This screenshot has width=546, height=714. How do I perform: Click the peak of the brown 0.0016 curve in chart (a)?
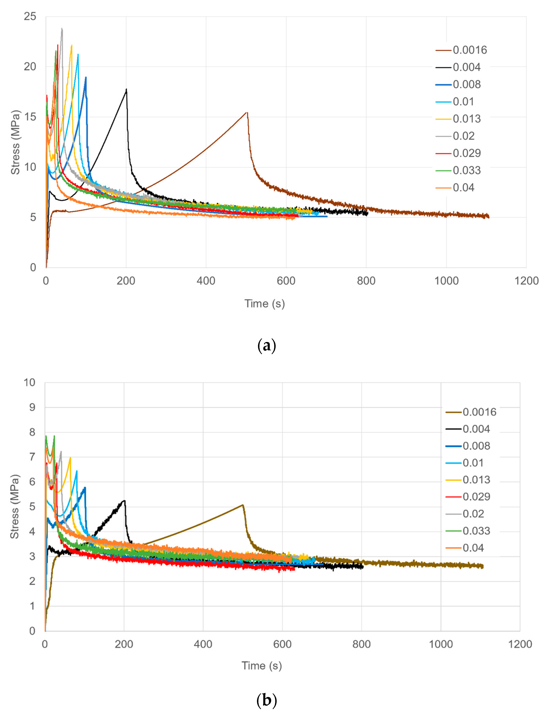point(247,113)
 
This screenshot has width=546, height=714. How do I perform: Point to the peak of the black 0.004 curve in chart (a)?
point(126,89)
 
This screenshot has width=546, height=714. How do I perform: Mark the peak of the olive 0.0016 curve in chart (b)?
point(242,505)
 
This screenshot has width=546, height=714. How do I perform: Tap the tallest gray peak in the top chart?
point(62,29)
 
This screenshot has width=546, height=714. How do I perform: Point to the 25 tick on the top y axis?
point(30,16)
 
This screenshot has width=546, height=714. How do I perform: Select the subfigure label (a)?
point(266,345)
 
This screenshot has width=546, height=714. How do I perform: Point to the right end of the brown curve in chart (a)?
point(488,217)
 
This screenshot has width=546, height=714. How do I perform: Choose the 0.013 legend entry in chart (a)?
point(466,119)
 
